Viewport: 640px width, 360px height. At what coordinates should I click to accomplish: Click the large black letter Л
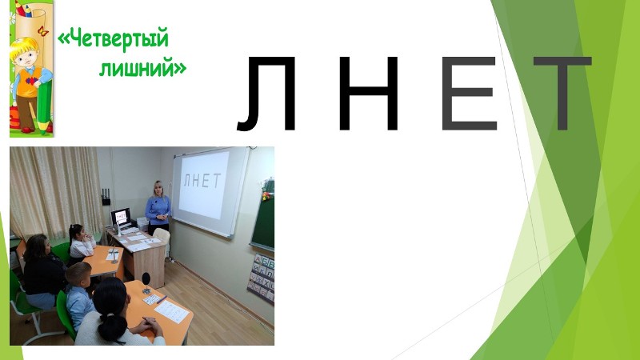click(267, 94)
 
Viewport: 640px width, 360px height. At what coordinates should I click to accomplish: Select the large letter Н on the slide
click(369, 94)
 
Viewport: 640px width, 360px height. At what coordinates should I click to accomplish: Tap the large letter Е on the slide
click(470, 94)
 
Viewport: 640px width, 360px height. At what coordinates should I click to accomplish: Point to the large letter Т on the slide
click(562, 94)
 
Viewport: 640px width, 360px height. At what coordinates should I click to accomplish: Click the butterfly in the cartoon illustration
click(42, 31)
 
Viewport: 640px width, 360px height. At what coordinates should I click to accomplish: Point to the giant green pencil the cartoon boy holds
click(44, 107)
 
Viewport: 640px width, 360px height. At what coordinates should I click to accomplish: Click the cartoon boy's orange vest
click(29, 82)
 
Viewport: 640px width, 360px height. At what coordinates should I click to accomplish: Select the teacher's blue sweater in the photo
click(158, 209)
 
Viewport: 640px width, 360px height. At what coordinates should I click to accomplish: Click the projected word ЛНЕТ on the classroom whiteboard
click(202, 180)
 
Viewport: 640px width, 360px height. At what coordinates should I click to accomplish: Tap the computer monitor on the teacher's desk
click(122, 217)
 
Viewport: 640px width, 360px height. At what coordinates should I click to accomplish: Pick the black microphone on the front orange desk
click(146, 283)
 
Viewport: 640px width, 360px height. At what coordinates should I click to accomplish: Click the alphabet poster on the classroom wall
click(262, 278)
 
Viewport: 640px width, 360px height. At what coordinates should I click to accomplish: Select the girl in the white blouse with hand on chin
click(82, 244)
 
